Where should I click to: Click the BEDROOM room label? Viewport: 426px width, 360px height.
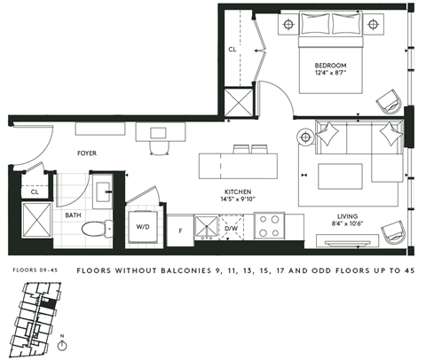[329, 67]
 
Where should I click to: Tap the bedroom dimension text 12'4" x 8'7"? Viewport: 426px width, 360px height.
[329, 75]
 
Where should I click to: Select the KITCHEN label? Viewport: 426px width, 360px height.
[239, 191]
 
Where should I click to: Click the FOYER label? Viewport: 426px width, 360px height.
[86, 153]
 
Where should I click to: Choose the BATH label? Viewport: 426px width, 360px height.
[73, 215]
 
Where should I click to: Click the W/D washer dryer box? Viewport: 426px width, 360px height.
[143, 225]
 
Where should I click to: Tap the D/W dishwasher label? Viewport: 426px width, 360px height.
[232, 229]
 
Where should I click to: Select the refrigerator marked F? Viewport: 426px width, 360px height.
[181, 229]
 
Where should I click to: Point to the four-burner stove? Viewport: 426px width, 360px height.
[269, 225]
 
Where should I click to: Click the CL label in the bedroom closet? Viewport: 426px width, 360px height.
[233, 50]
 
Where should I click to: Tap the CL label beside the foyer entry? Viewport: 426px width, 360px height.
[35, 192]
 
